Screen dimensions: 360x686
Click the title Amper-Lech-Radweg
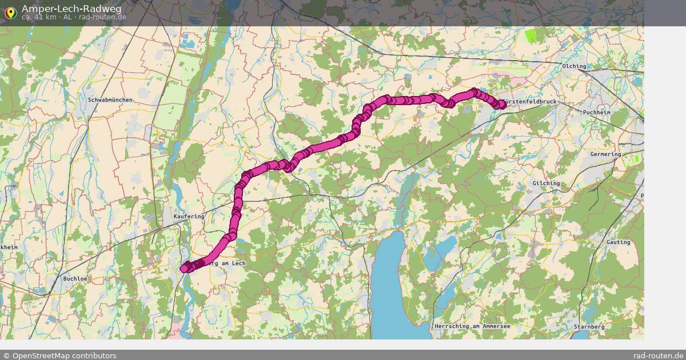[x=71, y=9]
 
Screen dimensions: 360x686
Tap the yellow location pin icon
[x=10, y=13]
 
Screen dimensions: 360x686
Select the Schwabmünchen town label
[x=110, y=100]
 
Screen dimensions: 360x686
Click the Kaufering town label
[x=189, y=217]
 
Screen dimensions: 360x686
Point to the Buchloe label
[x=75, y=278]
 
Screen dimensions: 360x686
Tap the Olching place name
[x=575, y=66]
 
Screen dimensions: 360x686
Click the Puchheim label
[x=596, y=113]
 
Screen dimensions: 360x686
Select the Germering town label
[x=605, y=154]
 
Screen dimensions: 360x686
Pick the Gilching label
[x=546, y=183]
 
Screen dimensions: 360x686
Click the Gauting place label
[x=618, y=242]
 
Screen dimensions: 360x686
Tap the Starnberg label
[x=589, y=326]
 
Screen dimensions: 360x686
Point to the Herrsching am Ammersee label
[x=472, y=326]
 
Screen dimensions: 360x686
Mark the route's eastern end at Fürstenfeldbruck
[x=502, y=104]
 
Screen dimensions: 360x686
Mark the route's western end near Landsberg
[x=185, y=268]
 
